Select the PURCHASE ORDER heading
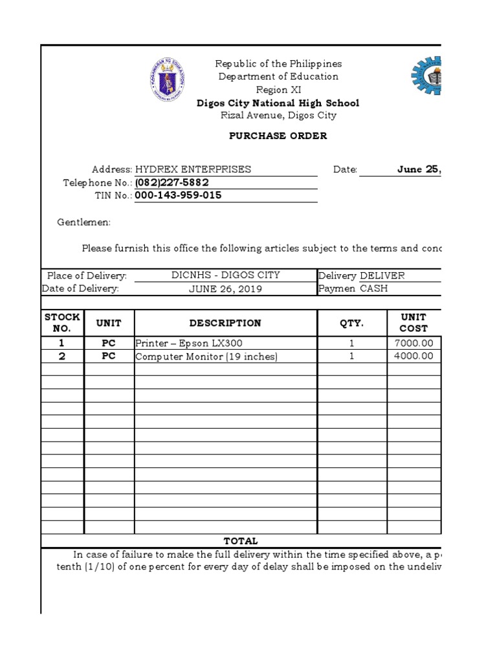point(278,136)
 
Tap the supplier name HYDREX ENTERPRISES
point(193,169)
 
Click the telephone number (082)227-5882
point(171,182)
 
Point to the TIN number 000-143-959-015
point(178,195)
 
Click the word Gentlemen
point(84,222)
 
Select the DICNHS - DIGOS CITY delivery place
point(225,275)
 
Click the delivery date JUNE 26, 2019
point(225,289)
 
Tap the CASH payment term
point(374,289)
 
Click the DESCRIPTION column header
point(225,323)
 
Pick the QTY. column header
point(352,323)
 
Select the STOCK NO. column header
point(62,323)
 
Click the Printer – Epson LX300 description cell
point(188,343)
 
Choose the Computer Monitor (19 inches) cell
point(206,357)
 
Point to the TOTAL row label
point(241,541)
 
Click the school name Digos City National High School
point(278,103)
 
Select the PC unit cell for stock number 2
point(109,356)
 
